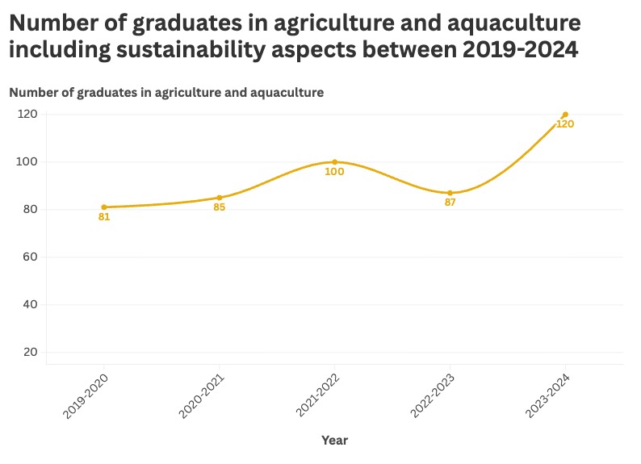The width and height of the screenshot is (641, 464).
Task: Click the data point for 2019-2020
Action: click(x=104, y=207)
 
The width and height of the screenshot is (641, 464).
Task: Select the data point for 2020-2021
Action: click(x=220, y=198)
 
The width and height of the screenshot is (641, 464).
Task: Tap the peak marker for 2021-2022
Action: click(x=334, y=162)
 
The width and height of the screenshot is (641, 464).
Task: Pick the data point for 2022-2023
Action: click(x=450, y=193)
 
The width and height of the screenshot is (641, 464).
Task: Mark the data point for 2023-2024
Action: click(x=565, y=115)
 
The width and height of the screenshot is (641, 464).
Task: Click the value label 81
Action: click(x=104, y=217)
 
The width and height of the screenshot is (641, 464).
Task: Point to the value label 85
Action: click(x=220, y=207)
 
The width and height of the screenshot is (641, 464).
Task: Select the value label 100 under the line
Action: click(x=334, y=172)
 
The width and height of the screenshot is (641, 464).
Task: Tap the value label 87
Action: click(x=450, y=203)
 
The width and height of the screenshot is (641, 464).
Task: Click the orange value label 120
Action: click(x=565, y=124)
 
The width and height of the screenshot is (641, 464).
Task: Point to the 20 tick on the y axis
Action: click(x=31, y=352)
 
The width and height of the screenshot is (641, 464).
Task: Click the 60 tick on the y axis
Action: click(x=31, y=257)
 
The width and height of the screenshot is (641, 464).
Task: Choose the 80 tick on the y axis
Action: click(x=31, y=209)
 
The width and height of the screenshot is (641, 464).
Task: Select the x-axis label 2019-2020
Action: click(x=86, y=395)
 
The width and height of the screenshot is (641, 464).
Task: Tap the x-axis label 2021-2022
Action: click(x=316, y=395)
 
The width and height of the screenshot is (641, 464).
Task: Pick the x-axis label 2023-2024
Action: click(x=547, y=395)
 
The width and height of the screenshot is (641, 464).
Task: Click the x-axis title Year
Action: click(x=334, y=441)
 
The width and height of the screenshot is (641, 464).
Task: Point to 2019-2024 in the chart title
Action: click(x=520, y=49)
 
